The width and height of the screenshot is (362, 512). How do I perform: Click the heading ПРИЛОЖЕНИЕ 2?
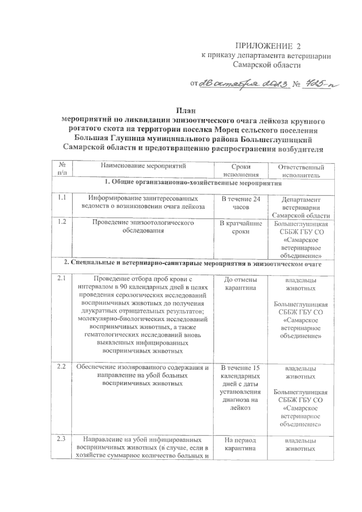[268, 46]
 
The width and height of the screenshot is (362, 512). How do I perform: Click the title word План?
[186, 110]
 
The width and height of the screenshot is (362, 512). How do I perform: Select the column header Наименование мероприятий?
[143, 166]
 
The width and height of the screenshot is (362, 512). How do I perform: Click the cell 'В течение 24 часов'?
[241, 203]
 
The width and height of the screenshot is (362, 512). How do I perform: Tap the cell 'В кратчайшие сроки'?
[241, 228]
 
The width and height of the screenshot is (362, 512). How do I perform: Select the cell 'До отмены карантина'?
[241, 284]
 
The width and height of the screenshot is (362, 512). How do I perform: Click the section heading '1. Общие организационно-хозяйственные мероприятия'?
[193, 183]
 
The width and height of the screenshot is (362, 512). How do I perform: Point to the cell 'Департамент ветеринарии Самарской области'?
[301, 208]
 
